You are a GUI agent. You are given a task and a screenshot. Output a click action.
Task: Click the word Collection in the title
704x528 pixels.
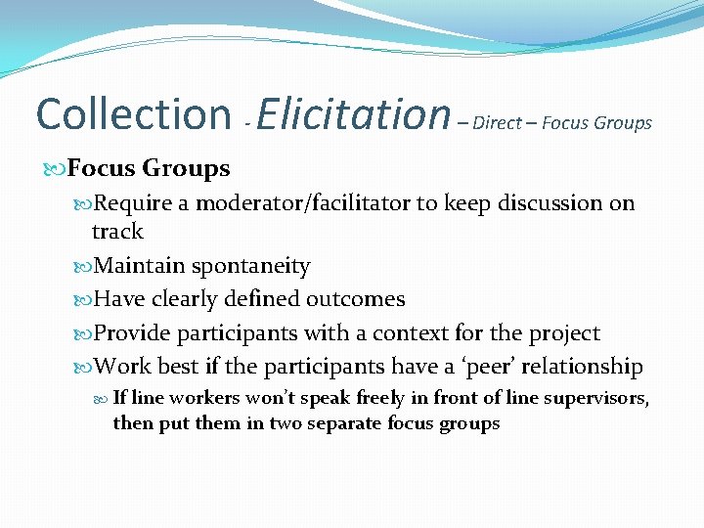[x=131, y=113]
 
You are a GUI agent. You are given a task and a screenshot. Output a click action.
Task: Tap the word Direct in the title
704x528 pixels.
[x=497, y=123]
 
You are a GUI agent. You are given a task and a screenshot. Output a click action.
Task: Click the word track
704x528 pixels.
[x=117, y=232]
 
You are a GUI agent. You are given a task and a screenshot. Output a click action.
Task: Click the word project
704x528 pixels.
[x=564, y=332]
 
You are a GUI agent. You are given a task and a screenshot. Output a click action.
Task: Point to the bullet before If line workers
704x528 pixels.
[x=103, y=398]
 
